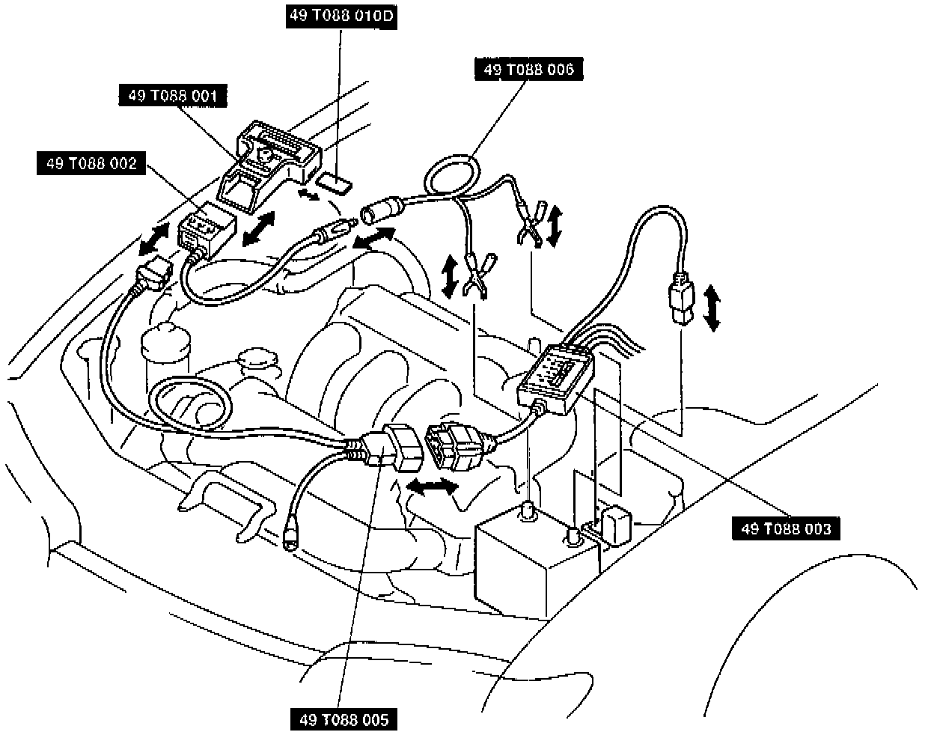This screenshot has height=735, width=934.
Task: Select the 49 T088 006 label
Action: pyautogui.click(x=528, y=70)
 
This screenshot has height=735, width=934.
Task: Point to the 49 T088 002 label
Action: pyautogui.click(x=91, y=164)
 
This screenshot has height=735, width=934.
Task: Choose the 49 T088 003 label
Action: pyautogui.click(x=786, y=529)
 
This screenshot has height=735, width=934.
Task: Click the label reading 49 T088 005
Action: pyautogui.click(x=344, y=720)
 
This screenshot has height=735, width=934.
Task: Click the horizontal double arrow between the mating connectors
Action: pyautogui.click(x=432, y=487)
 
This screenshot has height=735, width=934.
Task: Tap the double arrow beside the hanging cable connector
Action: pyautogui.click(x=712, y=307)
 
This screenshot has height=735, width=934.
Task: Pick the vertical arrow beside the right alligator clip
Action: pyautogui.click(x=555, y=226)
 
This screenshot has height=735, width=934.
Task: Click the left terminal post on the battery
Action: pyautogui.click(x=528, y=513)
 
